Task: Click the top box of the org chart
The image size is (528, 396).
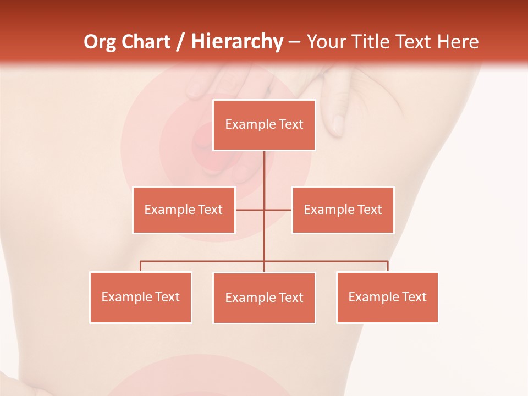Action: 264,125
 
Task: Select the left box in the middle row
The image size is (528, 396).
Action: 184,210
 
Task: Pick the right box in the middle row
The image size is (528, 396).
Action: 343,210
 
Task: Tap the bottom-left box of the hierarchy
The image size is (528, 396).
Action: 141,298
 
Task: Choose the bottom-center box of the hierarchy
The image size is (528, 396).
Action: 264,298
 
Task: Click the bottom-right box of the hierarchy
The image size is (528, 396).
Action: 387,298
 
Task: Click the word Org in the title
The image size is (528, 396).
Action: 100,42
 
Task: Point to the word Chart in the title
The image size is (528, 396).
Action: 145,42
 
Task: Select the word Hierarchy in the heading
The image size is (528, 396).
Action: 237,42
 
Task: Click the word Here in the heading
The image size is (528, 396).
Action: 458,42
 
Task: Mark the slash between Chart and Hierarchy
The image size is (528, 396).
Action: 180,42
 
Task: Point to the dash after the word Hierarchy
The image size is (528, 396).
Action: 294,42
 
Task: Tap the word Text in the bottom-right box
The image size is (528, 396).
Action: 414,298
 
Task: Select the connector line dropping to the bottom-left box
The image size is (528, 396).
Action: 141,266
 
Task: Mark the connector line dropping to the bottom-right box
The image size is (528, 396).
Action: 388,266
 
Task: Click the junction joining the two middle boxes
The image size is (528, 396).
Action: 264,210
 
